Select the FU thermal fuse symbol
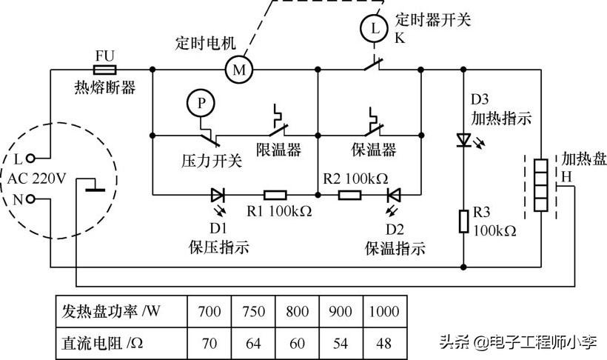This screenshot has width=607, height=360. [x=104, y=70]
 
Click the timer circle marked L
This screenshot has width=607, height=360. [x=372, y=29]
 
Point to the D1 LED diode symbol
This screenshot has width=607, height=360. [x=218, y=196]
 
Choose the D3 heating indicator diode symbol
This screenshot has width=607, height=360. [x=464, y=139]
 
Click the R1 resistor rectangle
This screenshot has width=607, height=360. [x=276, y=196]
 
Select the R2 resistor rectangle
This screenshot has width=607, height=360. [x=349, y=196]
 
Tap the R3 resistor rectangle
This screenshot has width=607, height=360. [x=464, y=220]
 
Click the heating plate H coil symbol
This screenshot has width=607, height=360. [x=540, y=187]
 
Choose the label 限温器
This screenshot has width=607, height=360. [x=278, y=150]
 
